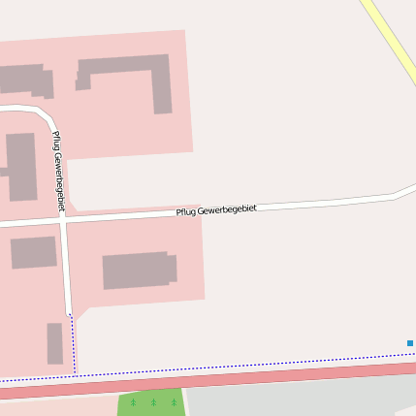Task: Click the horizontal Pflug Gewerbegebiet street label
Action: click(x=216, y=210)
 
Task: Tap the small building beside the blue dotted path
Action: click(x=55, y=343)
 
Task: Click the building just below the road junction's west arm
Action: click(x=33, y=252)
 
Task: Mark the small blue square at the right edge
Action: click(x=410, y=343)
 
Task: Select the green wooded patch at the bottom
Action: click(x=151, y=402)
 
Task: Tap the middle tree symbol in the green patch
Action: click(x=153, y=401)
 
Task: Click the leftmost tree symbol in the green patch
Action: click(x=134, y=401)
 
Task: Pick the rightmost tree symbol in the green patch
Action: click(x=174, y=401)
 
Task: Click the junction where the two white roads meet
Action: click(x=63, y=221)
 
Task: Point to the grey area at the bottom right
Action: click(x=301, y=398)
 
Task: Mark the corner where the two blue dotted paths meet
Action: click(x=75, y=372)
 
